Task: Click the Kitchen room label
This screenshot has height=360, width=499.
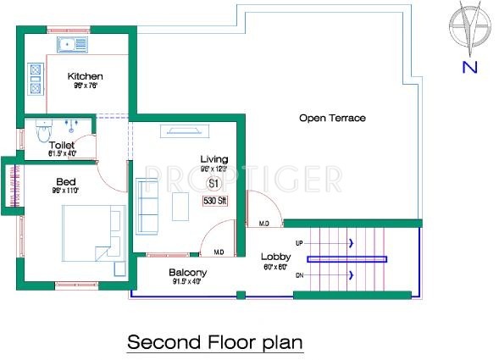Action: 86,76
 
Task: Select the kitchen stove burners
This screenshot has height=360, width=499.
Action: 36,77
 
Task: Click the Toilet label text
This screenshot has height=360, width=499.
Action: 62,145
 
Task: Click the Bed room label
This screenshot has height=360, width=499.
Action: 66,181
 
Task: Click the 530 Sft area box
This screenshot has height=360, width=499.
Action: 213,202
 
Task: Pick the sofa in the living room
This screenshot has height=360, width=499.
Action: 147,207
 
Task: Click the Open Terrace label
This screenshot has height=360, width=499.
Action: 332,118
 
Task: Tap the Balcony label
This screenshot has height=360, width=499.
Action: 187,272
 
